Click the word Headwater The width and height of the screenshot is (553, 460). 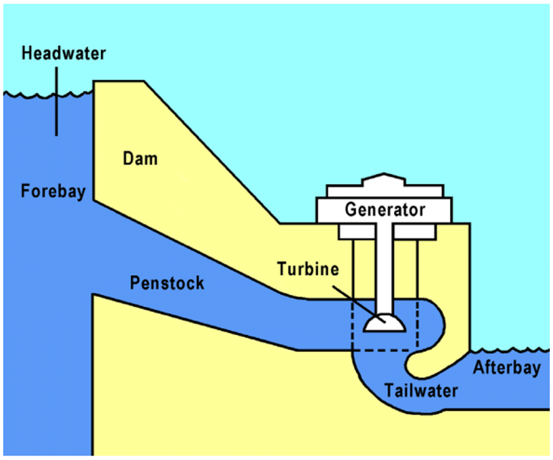(x=64, y=53)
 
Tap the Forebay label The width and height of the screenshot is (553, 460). (x=53, y=191)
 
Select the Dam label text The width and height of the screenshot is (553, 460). (x=140, y=158)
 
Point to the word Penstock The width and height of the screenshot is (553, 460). (x=167, y=283)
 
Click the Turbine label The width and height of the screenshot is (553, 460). (x=308, y=269)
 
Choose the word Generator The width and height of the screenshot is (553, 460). (x=385, y=210)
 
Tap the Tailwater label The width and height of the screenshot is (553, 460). (x=421, y=391)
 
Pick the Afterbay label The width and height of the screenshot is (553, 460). (x=507, y=368)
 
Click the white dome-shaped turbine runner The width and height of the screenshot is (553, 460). (x=385, y=323)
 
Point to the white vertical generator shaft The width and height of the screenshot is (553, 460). (x=384, y=269)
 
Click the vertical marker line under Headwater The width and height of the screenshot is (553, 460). (x=57, y=102)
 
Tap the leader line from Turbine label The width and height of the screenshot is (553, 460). (x=358, y=304)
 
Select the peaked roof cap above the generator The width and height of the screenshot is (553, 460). (x=384, y=179)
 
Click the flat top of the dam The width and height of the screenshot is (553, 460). (x=119, y=81)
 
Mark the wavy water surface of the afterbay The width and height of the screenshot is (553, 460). (x=510, y=350)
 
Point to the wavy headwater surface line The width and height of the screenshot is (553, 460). (x=48, y=95)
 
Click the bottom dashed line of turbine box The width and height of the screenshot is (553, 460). (x=385, y=350)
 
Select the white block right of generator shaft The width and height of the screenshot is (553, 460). (x=414, y=231)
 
